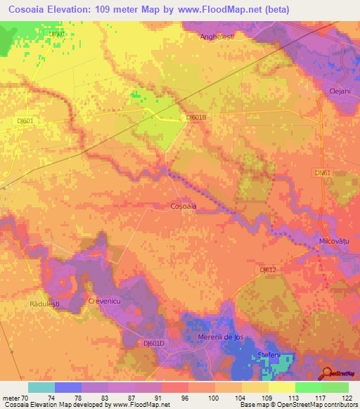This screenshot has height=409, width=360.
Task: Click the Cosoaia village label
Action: [x=184, y=206]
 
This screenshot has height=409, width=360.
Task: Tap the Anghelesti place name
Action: [x=217, y=36]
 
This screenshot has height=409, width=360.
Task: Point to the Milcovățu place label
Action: [x=334, y=241]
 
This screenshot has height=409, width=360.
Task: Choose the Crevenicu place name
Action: [x=106, y=301]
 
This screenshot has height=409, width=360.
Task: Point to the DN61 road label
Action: [x=320, y=171]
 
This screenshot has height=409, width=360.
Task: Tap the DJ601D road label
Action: [x=153, y=343]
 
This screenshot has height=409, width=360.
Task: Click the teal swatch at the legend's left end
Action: [x=41, y=387]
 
